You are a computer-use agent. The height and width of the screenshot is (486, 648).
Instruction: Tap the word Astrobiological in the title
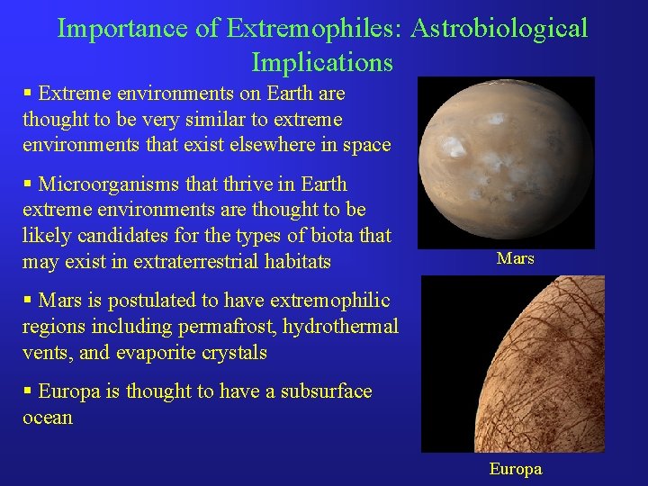(x=499, y=28)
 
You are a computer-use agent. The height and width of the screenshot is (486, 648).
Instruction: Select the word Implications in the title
(x=322, y=62)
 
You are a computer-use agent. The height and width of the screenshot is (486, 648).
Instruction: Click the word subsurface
(x=327, y=391)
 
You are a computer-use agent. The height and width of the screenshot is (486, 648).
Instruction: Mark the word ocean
(x=48, y=418)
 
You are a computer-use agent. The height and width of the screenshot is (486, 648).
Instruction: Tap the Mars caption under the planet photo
(x=516, y=258)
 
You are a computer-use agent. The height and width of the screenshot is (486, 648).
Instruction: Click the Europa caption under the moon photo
(x=516, y=469)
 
